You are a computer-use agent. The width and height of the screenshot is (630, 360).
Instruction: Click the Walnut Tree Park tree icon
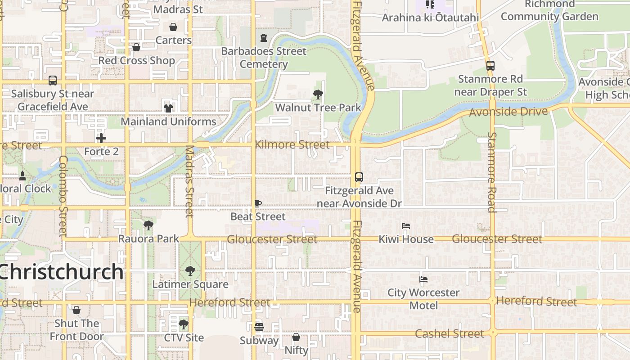318,94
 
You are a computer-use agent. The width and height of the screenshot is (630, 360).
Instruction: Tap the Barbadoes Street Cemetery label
264,58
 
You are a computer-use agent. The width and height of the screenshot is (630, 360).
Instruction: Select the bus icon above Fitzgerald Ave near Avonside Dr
359,177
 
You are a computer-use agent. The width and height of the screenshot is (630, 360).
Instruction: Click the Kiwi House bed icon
406,225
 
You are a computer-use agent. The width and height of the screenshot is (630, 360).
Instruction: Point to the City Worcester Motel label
423,299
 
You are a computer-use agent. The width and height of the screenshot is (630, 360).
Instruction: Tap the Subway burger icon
259,327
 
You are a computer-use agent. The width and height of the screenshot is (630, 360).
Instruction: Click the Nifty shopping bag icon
296,337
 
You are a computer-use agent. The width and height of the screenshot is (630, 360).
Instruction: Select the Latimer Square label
190,284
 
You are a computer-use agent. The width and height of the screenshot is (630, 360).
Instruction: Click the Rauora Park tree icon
148,225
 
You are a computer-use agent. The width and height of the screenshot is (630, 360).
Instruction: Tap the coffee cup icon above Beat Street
258,204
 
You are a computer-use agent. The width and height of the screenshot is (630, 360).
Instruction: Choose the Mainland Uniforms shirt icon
168,108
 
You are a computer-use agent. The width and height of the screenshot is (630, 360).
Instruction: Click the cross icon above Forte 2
101,138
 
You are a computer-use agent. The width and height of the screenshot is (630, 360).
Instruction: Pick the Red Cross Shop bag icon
136,47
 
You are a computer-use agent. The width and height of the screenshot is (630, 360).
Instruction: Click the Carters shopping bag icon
173,27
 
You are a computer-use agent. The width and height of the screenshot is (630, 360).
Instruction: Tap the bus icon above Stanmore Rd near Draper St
490,66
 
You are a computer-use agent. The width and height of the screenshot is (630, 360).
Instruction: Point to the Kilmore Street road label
292,145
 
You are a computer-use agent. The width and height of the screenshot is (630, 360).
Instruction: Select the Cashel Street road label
449,334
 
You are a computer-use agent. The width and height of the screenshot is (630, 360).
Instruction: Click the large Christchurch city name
61,272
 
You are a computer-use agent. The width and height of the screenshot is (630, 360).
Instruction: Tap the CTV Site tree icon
184,324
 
